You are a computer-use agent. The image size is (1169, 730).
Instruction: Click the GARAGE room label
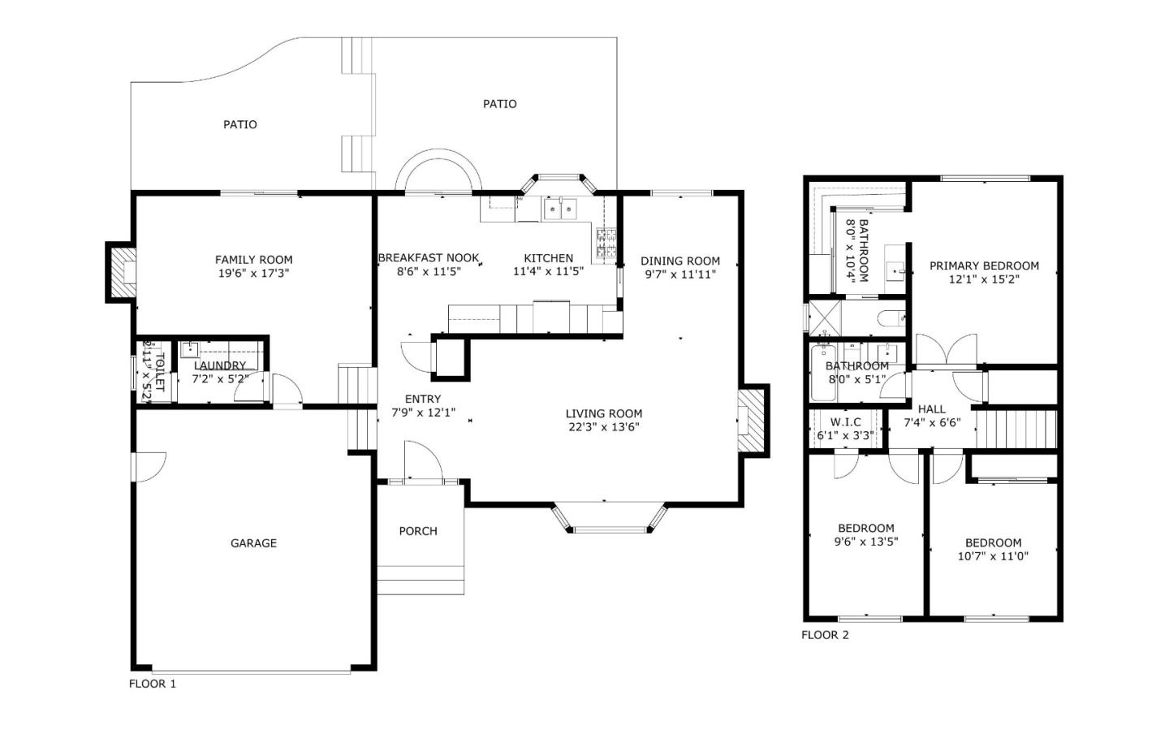click(x=253, y=543)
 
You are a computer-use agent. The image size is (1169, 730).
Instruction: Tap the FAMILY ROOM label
click(x=253, y=260)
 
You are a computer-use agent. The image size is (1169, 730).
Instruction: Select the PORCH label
click(x=418, y=531)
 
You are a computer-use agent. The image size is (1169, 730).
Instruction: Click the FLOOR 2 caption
click(x=825, y=635)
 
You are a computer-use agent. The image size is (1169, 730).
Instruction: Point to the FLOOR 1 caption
click(x=153, y=684)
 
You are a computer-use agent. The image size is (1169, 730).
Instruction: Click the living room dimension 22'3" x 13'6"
click(x=604, y=427)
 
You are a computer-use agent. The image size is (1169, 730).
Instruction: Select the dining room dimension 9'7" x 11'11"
click(x=680, y=274)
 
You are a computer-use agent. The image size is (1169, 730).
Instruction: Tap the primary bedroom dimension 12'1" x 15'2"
click(x=984, y=279)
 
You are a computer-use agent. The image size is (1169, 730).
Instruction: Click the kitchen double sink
click(x=560, y=209)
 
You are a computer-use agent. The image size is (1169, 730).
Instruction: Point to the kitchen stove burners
click(x=606, y=244)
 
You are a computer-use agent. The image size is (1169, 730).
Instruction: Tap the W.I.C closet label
click(x=845, y=422)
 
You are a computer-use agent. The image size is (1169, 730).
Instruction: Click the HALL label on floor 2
click(x=932, y=409)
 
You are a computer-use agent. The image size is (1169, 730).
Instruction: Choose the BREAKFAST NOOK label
click(x=429, y=258)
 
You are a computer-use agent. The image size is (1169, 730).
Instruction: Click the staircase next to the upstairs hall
click(x=1016, y=430)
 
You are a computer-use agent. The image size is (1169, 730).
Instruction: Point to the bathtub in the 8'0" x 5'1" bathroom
click(x=823, y=373)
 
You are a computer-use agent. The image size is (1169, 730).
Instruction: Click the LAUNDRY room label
click(x=220, y=365)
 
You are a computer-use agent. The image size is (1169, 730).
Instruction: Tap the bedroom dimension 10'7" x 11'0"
click(x=993, y=556)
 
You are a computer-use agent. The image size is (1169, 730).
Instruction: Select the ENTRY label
click(x=423, y=399)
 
